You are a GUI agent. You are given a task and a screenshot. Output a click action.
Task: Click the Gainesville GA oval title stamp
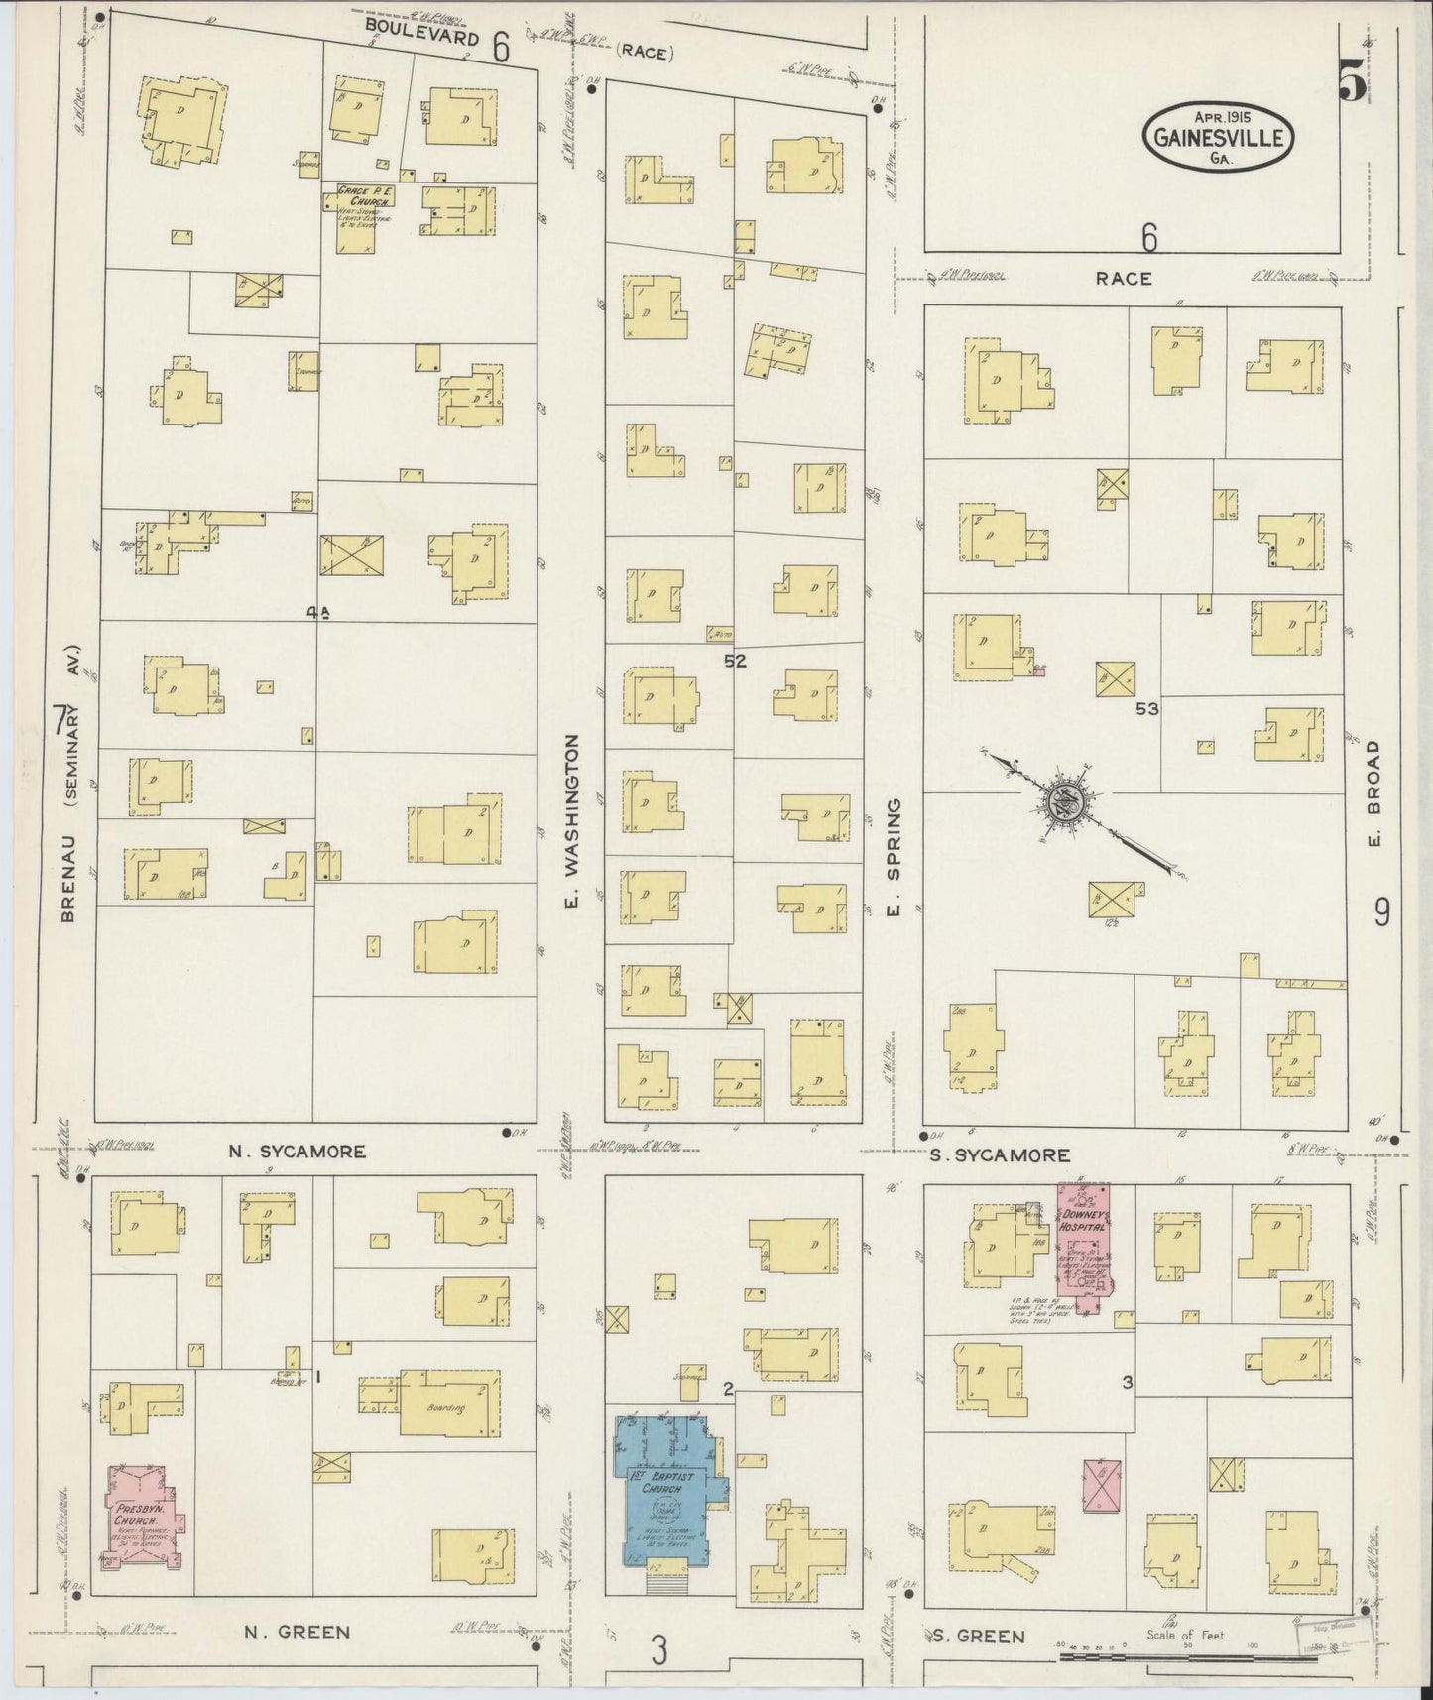click(1220, 138)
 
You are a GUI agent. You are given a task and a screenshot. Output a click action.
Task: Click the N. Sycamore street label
click(297, 1152)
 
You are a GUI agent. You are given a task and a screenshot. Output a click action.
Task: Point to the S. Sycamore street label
click(999, 1154)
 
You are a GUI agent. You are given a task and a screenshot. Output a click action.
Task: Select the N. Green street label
click(296, 1631)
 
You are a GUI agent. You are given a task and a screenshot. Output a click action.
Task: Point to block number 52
click(735, 661)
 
